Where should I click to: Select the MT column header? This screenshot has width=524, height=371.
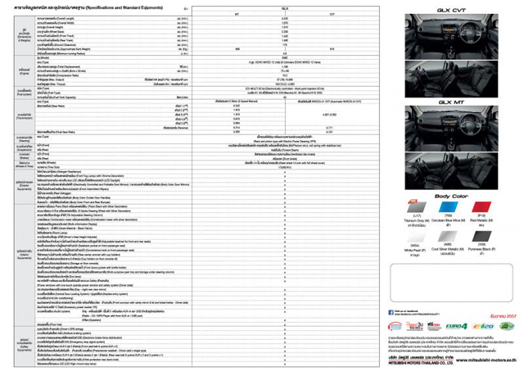(x=237, y=13)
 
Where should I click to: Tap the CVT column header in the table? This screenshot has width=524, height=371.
(x=331, y=13)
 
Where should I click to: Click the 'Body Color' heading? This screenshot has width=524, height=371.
(x=449, y=197)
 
